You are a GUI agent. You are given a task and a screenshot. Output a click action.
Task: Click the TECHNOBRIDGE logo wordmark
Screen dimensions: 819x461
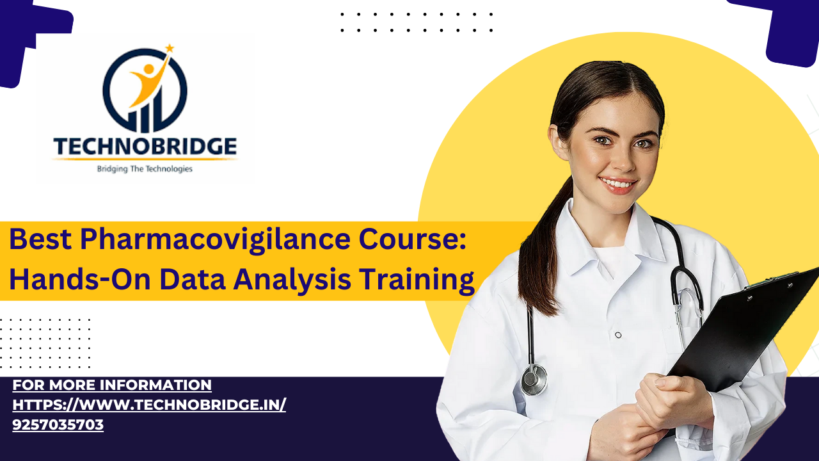(x=145, y=147)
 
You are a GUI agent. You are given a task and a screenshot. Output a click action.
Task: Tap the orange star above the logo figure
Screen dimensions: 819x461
(x=170, y=48)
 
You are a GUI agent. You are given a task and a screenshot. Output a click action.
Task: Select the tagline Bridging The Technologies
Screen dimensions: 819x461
(x=145, y=169)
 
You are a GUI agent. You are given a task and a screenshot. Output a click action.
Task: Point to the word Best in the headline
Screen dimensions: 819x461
(x=40, y=239)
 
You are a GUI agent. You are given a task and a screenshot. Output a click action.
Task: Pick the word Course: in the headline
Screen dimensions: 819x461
(x=413, y=239)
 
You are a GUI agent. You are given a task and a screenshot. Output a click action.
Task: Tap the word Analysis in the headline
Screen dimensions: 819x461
(x=292, y=280)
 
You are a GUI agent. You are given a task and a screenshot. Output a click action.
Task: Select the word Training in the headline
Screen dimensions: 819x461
(x=417, y=280)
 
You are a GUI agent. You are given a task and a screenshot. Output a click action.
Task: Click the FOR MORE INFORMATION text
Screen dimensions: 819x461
(x=112, y=385)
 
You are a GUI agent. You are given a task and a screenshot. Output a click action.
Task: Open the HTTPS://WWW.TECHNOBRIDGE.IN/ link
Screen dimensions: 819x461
(x=149, y=405)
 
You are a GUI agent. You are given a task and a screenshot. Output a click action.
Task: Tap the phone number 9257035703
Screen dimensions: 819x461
(x=58, y=425)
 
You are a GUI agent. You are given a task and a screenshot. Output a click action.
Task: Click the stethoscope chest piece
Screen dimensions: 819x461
(x=534, y=380)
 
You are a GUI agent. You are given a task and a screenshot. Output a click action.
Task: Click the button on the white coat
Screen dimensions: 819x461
(x=618, y=335)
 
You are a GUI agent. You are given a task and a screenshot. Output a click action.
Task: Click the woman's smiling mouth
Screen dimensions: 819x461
(x=617, y=183)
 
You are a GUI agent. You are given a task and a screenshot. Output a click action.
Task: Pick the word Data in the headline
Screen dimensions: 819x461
(x=193, y=279)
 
